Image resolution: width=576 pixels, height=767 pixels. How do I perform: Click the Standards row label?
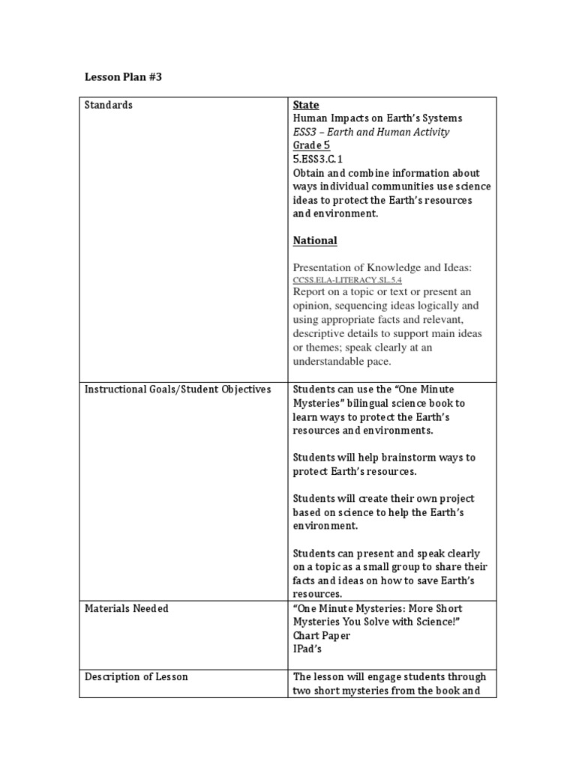(x=108, y=105)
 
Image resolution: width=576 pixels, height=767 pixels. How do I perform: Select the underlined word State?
(x=305, y=105)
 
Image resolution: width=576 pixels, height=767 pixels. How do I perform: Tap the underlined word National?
(x=314, y=240)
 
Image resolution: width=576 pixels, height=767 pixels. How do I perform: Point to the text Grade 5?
(x=311, y=145)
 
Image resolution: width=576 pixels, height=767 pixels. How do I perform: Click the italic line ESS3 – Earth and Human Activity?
(x=370, y=132)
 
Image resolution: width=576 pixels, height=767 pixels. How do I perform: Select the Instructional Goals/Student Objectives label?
(x=177, y=389)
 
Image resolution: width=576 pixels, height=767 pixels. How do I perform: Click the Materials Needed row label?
(x=126, y=608)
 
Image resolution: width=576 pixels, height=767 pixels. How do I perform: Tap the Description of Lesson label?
(x=136, y=676)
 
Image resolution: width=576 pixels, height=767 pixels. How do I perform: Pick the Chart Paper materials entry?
(x=321, y=636)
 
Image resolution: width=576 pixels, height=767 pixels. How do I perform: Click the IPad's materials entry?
(x=308, y=649)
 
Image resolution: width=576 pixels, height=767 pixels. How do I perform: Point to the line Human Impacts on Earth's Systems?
(x=377, y=118)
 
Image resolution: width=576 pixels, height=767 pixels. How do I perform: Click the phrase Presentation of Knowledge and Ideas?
(x=382, y=267)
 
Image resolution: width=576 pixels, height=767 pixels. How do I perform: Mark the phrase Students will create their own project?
(x=383, y=499)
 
